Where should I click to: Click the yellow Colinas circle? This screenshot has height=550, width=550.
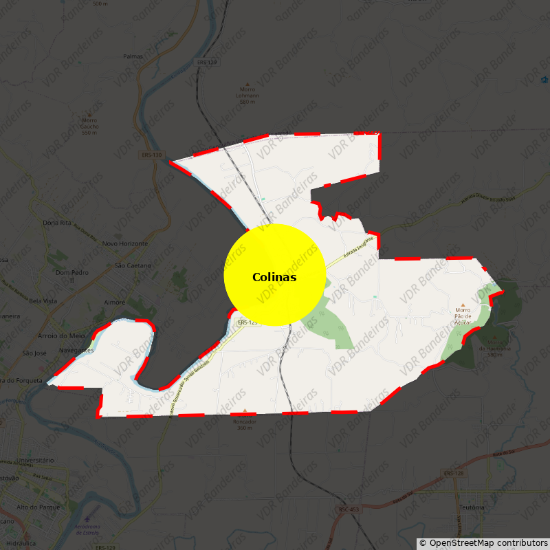[x=274, y=275]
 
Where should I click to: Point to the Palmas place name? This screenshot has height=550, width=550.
[x=133, y=56]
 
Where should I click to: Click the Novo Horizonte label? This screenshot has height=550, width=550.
[x=124, y=244]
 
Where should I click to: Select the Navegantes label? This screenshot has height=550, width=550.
[x=76, y=350]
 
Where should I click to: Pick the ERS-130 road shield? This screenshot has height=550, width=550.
[x=152, y=155]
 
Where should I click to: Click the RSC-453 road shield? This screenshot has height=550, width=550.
[x=348, y=509]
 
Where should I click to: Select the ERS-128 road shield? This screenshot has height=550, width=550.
[x=453, y=473]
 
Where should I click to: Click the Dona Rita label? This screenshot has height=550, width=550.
[x=57, y=223]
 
